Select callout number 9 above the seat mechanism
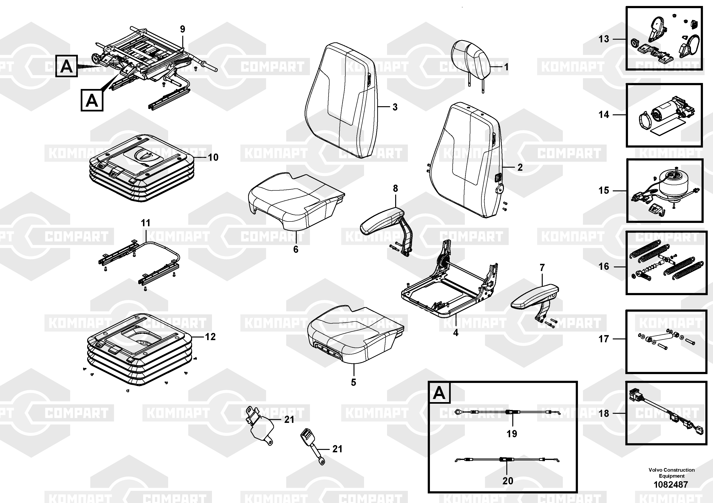coord(183,29)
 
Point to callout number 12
coord(210,337)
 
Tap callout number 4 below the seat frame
coord(456,333)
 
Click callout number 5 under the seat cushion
coord(354,382)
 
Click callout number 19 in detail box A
coord(512,434)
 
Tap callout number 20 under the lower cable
coord(508,481)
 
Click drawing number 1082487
coord(671,484)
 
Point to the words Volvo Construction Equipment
coord(671,473)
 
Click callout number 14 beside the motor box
coord(604,115)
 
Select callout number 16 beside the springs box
coord(604,266)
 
